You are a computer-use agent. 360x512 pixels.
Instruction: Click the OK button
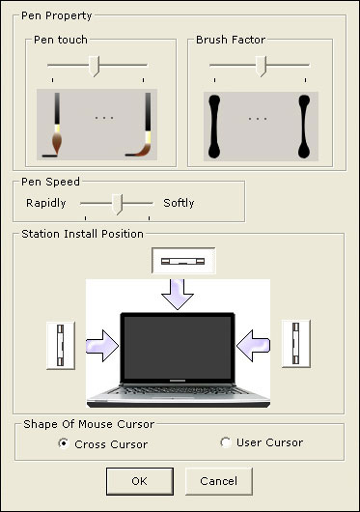140,481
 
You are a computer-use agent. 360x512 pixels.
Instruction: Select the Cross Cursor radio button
64,443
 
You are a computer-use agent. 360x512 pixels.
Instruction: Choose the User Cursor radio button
225,442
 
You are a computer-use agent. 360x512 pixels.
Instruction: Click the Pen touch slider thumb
95,66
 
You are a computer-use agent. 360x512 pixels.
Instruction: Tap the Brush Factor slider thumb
261,66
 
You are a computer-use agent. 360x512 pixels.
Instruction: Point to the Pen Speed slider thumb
117,204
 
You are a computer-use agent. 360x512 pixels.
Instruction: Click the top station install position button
183,261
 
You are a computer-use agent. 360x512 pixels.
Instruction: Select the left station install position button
61,345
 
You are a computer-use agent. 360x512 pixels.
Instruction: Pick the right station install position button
295,344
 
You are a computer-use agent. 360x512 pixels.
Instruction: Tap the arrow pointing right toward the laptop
103,346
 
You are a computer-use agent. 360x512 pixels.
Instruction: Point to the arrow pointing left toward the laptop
253,346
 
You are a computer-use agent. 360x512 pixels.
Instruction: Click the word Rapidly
46,203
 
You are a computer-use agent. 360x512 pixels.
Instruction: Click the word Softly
179,203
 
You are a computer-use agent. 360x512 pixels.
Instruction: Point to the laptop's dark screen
178,347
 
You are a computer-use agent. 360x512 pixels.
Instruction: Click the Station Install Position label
82,234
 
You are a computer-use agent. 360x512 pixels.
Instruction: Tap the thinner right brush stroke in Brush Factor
304,127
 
